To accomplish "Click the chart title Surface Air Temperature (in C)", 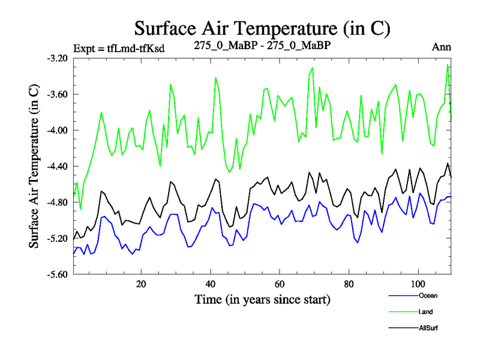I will [x=262, y=28].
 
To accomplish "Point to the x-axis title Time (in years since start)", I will [x=262, y=299].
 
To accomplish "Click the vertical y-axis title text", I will [x=34, y=166].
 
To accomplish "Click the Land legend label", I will [x=425, y=311].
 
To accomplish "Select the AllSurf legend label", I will [x=427, y=328].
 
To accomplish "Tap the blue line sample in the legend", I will [x=403, y=296].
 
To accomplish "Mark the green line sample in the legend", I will [x=403, y=312].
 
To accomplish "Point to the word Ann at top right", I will [x=442, y=47].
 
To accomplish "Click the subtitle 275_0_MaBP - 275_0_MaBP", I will [x=263, y=45].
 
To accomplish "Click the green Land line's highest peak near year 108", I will [x=448, y=64].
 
